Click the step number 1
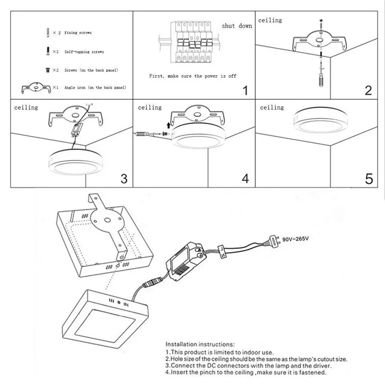245,90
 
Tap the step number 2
369,90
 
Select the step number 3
124,179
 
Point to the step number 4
245,179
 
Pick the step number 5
369,179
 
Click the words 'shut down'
237,26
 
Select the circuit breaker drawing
186,42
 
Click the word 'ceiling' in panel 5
272,108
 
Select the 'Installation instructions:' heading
200,345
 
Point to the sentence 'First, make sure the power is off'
192,76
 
